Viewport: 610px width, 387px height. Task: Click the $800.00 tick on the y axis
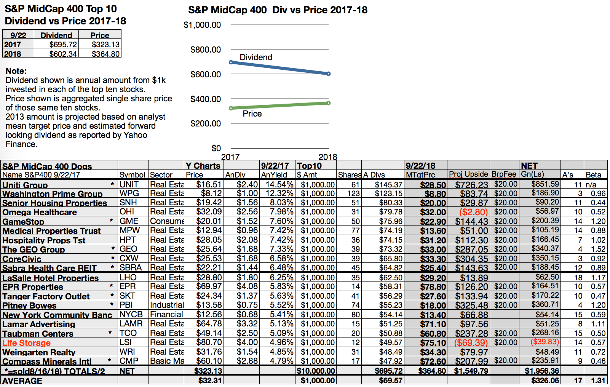click(x=206, y=50)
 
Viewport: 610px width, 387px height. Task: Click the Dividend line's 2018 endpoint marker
click(x=329, y=74)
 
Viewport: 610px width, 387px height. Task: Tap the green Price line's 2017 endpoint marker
click(x=231, y=108)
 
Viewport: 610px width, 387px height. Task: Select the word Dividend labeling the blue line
click(x=255, y=57)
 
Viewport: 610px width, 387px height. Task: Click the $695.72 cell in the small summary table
click(x=63, y=45)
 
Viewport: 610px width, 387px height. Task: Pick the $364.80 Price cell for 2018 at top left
click(x=105, y=54)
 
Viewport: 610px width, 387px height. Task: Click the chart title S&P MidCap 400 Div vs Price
click(x=278, y=10)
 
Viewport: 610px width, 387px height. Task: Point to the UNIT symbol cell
click(x=129, y=184)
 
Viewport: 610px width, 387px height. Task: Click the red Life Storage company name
click(x=26, y=343)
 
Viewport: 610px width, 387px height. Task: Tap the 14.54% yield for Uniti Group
click(x=279, y=184)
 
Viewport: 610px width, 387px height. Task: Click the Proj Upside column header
click(x=468, y=174)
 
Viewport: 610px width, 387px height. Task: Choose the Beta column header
click(x=593, y=175)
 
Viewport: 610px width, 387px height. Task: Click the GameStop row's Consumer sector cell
click(x=166, y=221)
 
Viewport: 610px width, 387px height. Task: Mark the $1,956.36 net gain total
click(x=541, y=371)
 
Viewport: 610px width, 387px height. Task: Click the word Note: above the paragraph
click(x=16, y=71)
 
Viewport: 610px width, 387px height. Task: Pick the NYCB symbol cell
click(x=131, y=315)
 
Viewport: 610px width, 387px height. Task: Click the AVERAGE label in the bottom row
click(x=22, y=381)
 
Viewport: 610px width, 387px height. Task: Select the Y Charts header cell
click(x=203, y=166)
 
